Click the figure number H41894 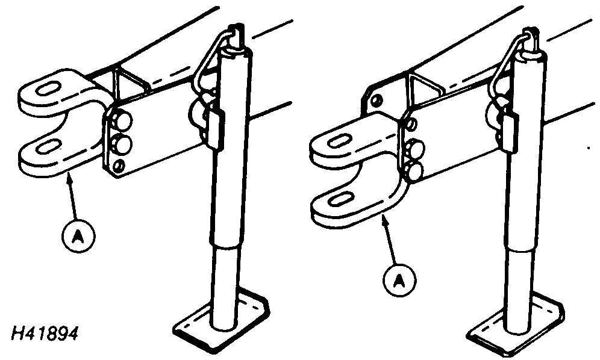point(45,334)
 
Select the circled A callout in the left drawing point(78,235)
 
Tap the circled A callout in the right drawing point(399,280)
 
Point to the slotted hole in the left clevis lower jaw point(49,146)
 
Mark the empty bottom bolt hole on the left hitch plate point(119,166)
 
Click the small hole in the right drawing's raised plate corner point(376,101)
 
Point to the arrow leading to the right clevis point(391,239)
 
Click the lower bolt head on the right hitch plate point(416,170)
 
